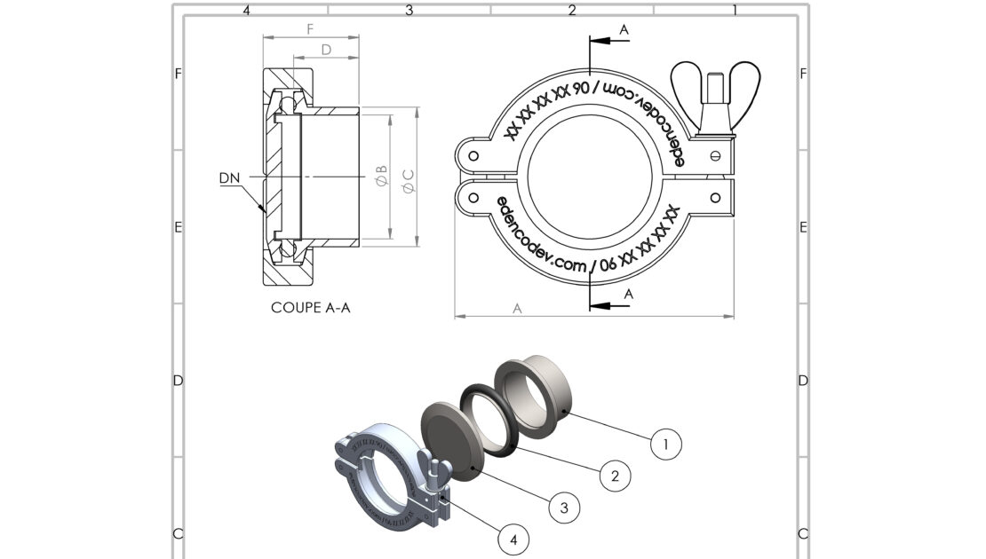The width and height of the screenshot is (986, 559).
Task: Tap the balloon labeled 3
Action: (x=562, y=508)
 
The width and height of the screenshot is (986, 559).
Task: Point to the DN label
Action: (x=229, y=178)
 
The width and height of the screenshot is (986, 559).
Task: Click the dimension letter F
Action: (x=310, y=28)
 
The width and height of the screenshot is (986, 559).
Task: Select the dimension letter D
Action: (x=326, y=50)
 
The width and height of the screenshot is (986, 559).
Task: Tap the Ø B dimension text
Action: (x=381, y=175)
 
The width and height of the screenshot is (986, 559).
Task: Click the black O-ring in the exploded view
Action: (x=491, y=418)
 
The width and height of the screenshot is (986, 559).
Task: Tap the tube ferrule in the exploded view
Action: (x=532, y=390)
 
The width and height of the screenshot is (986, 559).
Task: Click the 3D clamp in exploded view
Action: (x=378, y=479)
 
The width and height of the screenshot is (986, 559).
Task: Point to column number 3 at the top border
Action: (x=410, y=11)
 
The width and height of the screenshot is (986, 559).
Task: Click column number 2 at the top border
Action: (x=572, y=11)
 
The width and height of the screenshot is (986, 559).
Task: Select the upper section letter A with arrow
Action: (x=624, y=30)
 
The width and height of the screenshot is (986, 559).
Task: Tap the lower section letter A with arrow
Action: (x=628, y=293)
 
